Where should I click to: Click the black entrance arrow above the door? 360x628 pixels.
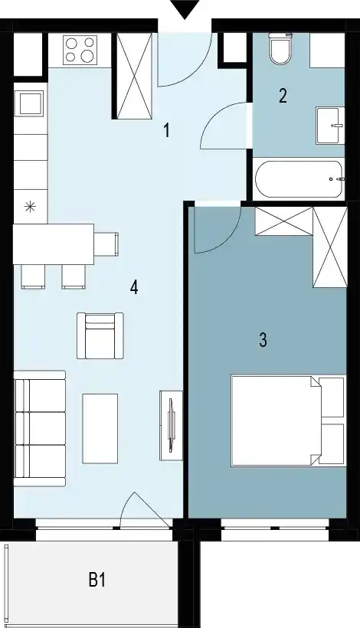point(185,10)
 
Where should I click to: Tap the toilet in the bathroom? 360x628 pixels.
point(280,48)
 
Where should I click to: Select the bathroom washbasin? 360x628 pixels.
point(330,126)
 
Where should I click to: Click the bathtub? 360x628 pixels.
point(299,178)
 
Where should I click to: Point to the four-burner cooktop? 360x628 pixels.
point(80,49)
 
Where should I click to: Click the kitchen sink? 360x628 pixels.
point(29,103)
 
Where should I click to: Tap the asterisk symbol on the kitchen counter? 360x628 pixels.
point(29,207)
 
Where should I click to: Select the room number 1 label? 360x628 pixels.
point(166,130)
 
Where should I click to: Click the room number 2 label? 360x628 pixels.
point(283,96)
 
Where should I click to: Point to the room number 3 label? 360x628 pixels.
point(263,339)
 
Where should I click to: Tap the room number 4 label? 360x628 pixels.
point(134,287)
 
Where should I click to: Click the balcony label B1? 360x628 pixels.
point(97,580)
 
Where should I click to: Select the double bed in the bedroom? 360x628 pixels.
point(288,420)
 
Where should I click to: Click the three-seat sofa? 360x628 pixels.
point(40,429)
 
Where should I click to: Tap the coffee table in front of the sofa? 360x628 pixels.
point(100,428)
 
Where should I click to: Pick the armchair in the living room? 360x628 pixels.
point(100,335)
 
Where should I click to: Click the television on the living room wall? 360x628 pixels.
point(171,425)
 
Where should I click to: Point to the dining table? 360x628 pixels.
point(54,244)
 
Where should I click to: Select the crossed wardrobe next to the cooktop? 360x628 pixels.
point(134,76)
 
